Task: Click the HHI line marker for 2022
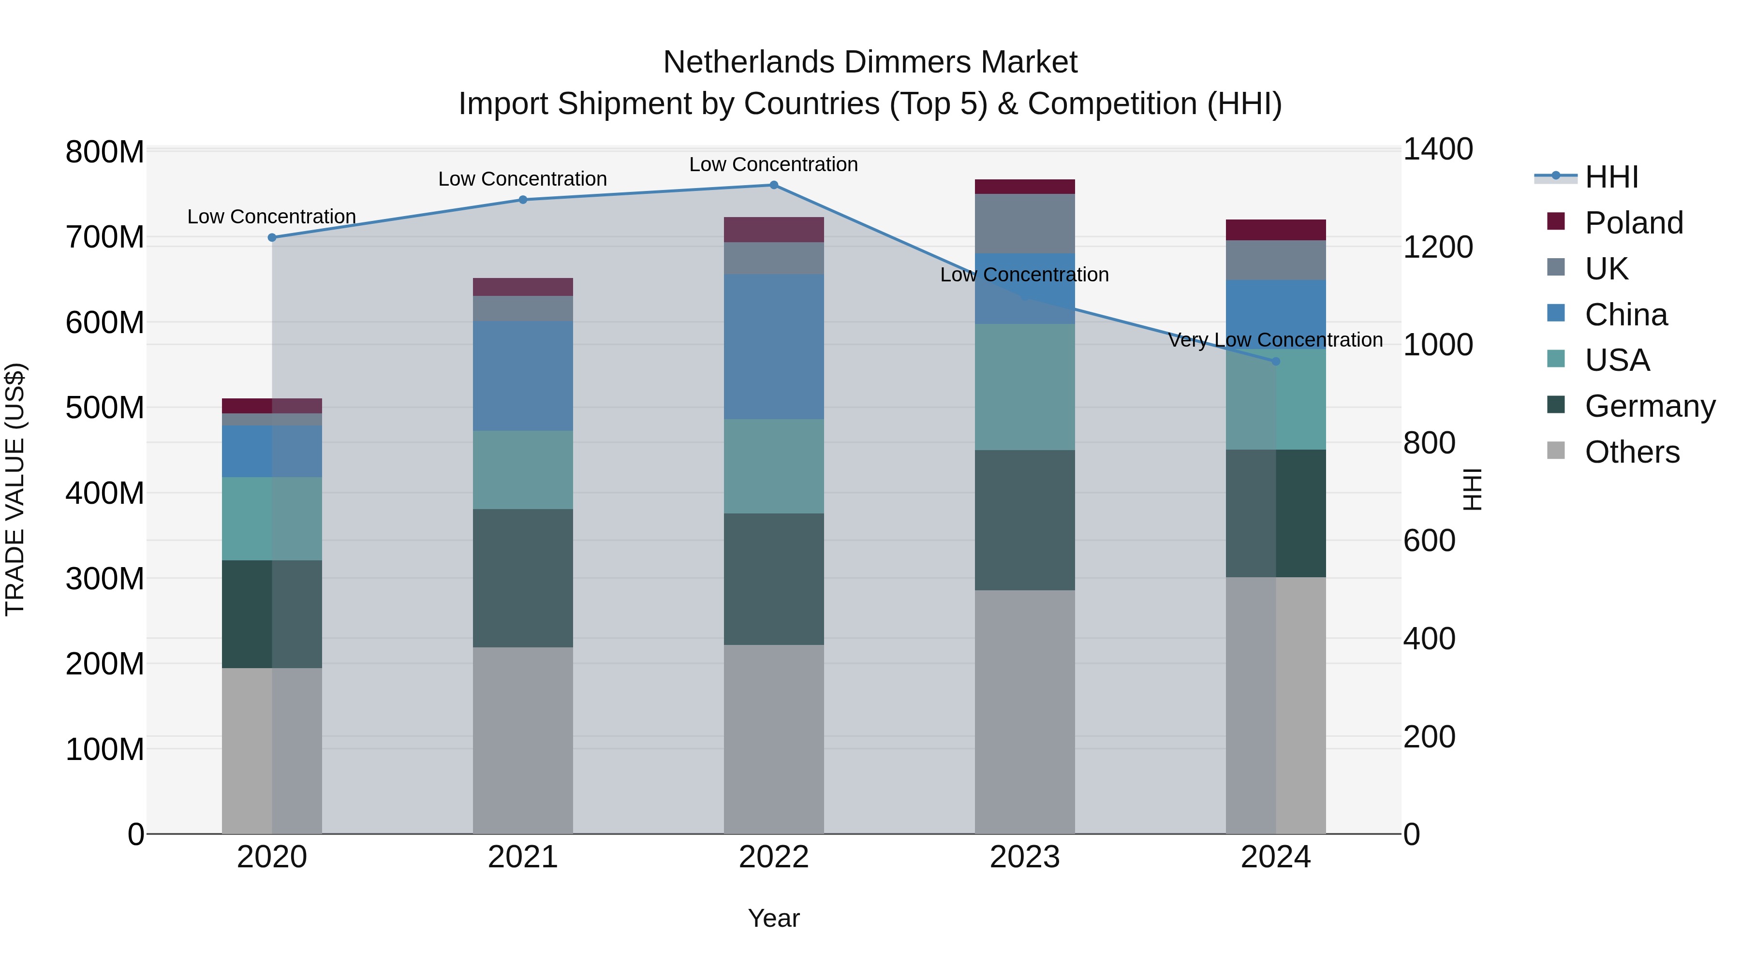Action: pos(774,185)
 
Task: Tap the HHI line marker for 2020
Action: pos(272,238)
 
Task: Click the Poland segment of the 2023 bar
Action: pos(1025,187)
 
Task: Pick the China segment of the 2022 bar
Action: pos(774,347)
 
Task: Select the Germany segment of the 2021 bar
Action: pos(522,578)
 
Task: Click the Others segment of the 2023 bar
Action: pos(1025,712)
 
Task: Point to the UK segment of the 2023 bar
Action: pos(1025,224)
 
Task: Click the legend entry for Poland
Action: pos(1634,223)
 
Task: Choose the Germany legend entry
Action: pos(1650,406)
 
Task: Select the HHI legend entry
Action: pos(1611,177)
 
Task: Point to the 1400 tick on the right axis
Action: pos(1438,149)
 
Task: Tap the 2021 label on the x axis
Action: pos(522,857)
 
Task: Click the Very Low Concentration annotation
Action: pos(1275,340)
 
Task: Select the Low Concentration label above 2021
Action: pos(522,179)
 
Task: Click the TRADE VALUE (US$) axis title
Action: pos(15,489)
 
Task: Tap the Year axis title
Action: pos(774,918)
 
